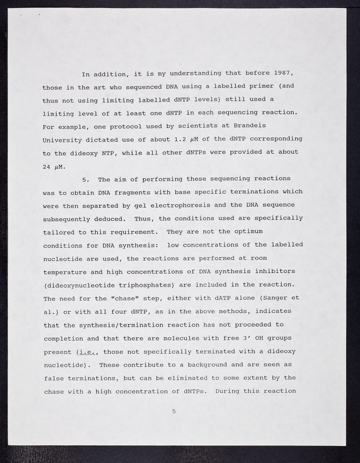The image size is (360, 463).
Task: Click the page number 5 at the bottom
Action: pos(173,411)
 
